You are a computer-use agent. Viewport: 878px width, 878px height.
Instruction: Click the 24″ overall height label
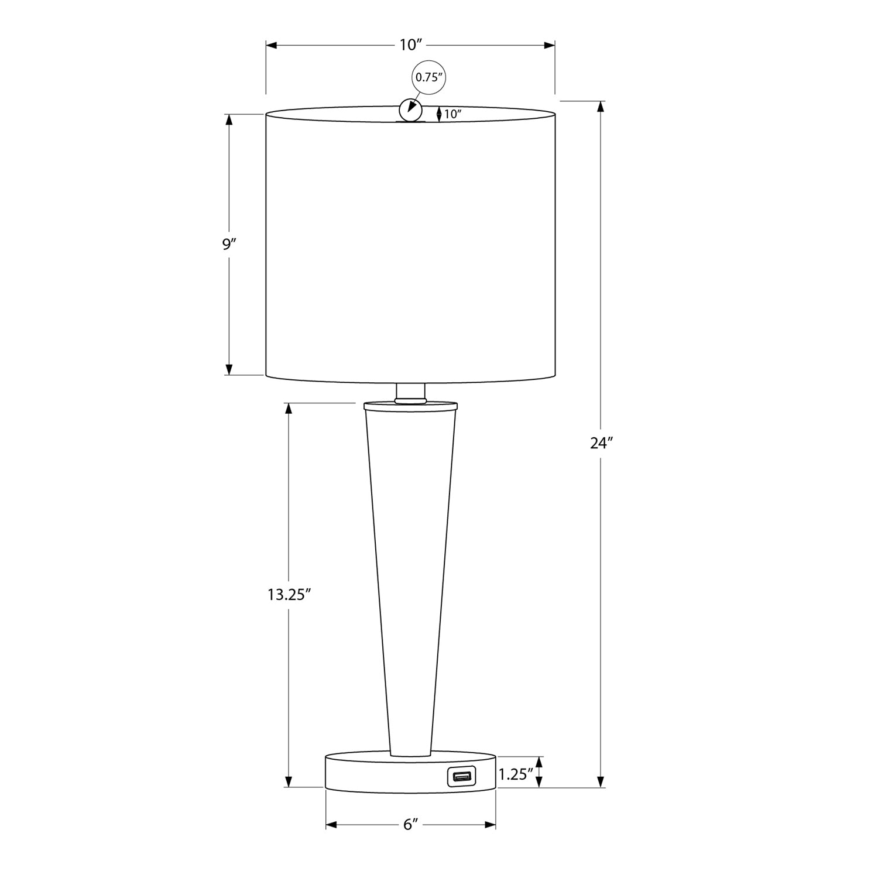point(601,443)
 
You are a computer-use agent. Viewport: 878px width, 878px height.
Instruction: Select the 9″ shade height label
point(228,244)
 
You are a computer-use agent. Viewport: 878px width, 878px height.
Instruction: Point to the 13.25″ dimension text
point(288,595)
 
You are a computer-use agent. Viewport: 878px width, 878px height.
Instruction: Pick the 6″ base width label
point(410,825)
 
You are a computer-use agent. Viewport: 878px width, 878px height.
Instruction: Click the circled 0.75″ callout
point(427,77)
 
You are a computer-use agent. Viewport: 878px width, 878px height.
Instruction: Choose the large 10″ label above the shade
point(411,44)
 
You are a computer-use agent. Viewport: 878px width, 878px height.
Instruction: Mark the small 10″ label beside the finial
point(452,114)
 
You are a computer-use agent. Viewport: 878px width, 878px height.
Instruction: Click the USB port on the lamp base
point(462,777)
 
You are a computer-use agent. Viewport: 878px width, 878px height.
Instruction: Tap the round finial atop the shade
point(410,109)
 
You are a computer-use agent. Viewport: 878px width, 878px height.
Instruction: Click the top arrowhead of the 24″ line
point(601,107)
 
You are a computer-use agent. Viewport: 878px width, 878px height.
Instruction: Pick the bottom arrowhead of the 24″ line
point(601,782)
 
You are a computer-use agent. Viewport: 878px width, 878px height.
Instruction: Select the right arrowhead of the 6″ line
point(491,825)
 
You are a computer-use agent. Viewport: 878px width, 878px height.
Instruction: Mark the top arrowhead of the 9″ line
point(229,119)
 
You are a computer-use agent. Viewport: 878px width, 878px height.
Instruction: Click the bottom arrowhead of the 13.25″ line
point(288,782)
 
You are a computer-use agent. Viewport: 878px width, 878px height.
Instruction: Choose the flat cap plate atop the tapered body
point(410,405)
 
